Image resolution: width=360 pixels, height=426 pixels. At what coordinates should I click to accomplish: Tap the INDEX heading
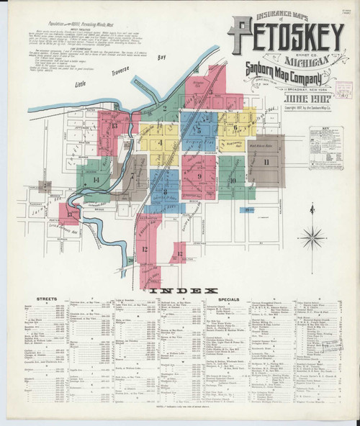(x=180, y=289)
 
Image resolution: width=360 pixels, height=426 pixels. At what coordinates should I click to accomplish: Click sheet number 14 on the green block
(x=96, y=179)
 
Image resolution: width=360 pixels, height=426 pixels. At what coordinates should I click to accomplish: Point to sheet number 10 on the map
(x=232, y=179)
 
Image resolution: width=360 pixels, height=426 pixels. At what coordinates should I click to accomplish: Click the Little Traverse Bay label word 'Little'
(x=85, y=84)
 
